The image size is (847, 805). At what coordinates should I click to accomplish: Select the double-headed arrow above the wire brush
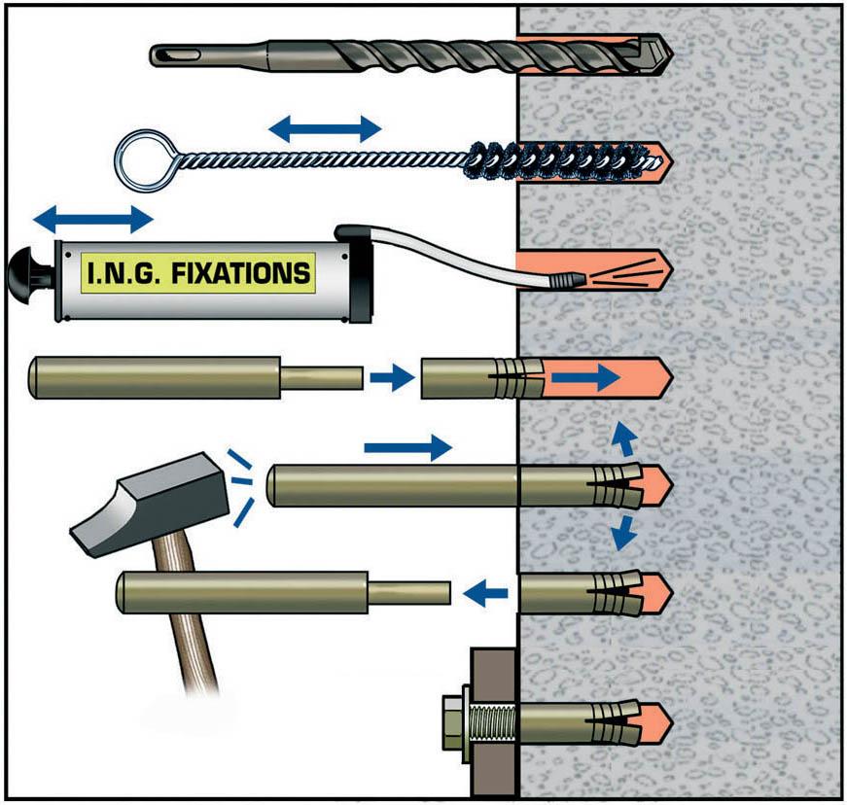pyautogui.click(x=326, y=127)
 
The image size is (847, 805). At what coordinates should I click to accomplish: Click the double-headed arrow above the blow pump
pyautogui.click(x=93, y=217)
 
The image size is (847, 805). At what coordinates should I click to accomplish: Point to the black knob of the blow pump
pyautogui.click(x=26, y=272)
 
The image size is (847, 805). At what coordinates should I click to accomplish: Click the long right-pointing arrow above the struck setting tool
pyautogui.click(x=407, y=447)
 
